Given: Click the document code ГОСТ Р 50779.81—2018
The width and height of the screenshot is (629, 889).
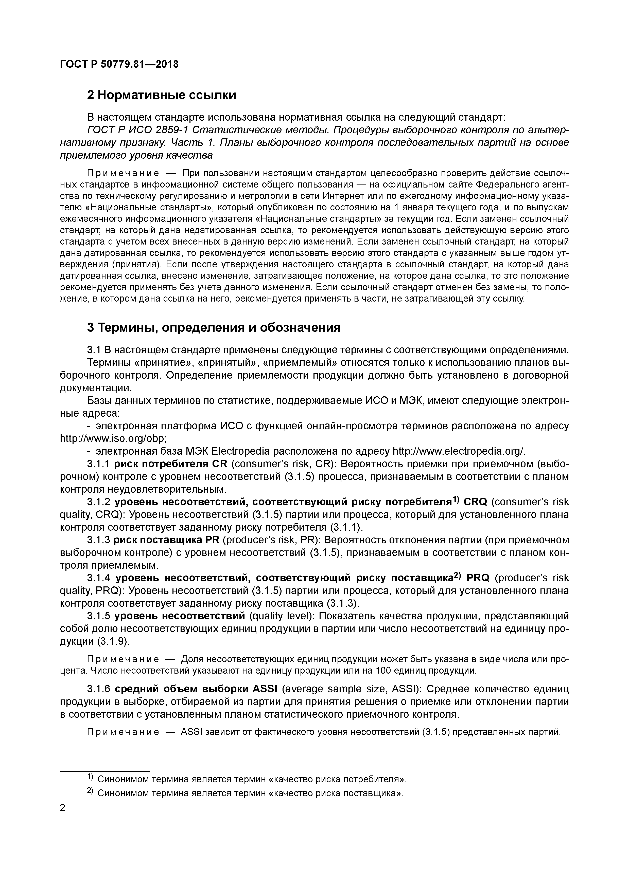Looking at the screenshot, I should tap(119, 64).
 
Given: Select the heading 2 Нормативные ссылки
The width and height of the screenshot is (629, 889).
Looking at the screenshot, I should tap(161, 95).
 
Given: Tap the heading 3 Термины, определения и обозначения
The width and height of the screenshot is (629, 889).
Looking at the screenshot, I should tap(214, 328).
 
